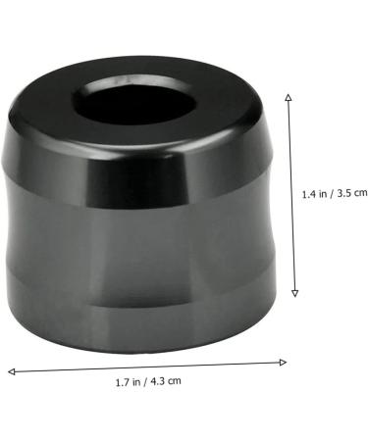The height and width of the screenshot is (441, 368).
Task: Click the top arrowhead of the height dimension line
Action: coord(289,96)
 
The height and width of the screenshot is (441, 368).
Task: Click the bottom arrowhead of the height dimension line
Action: coord(294,293)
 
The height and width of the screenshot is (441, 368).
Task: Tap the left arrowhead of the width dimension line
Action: coord(12,371)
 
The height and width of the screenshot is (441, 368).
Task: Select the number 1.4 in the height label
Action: coord(308,194)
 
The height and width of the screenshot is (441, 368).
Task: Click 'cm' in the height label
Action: coord(360,194)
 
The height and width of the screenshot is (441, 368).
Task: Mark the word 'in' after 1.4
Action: coord(322,194)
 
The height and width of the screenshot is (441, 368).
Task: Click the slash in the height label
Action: coord(332,194)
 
